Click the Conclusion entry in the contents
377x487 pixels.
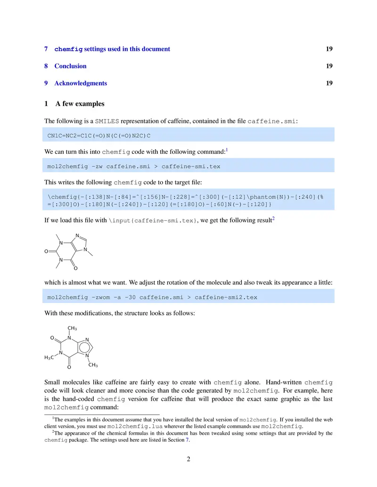70,66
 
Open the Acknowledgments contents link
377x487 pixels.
81,83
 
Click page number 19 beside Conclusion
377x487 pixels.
329,66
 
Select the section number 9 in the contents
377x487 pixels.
46,83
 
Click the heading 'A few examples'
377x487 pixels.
80,104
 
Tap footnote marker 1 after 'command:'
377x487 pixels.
227,150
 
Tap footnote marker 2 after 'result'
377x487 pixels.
273,218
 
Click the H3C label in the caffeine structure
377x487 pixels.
49,358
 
